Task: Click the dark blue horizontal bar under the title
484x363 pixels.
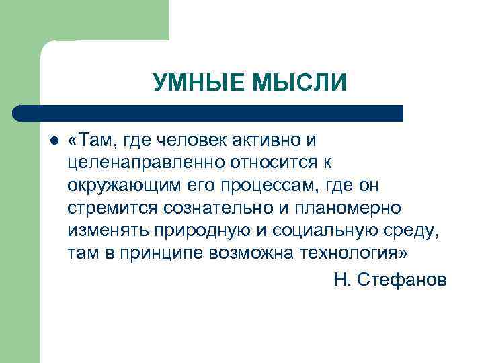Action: [x=208, y=113]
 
